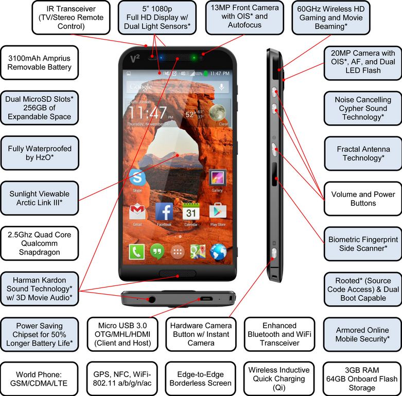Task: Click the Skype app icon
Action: point(137,178)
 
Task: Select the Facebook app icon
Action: point(164,211)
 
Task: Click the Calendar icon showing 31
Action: point(191,211)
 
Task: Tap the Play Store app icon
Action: point(218,211)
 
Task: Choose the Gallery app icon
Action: point(217,178)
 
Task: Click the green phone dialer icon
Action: point(137,252)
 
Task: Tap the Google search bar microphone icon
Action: point(222,87)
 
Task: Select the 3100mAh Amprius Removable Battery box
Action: point(36,63)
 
